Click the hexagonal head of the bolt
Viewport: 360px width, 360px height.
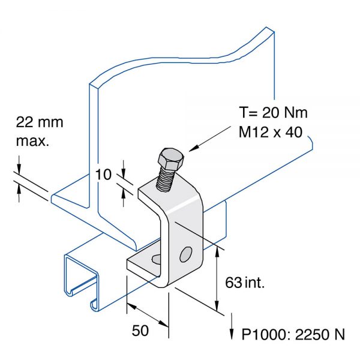(x=170, y=160)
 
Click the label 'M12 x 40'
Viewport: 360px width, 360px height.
(x=268, y=133)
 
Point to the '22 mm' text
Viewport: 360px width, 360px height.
(x=39, y=122)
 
